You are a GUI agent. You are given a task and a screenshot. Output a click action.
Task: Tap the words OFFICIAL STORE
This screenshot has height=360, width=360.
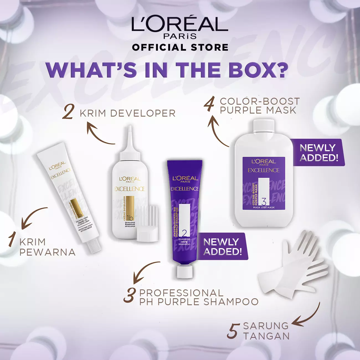coord(180,47)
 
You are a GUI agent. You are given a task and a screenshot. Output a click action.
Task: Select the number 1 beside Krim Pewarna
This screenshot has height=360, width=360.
coord(12,240)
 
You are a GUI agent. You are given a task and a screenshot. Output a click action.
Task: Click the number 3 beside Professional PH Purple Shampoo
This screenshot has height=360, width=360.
coord(130,295)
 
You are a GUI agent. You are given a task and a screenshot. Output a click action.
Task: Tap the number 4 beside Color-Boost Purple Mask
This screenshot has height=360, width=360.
coord(209,105)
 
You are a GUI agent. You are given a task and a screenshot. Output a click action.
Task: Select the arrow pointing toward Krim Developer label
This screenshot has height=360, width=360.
coord(100,134)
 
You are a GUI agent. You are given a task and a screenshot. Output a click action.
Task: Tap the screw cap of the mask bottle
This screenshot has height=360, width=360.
coord(264,126)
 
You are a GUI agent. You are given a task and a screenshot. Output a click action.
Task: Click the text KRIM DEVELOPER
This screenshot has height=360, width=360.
coord(127,114)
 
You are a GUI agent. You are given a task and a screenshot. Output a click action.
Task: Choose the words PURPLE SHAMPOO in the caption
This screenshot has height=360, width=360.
coord(208,302)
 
